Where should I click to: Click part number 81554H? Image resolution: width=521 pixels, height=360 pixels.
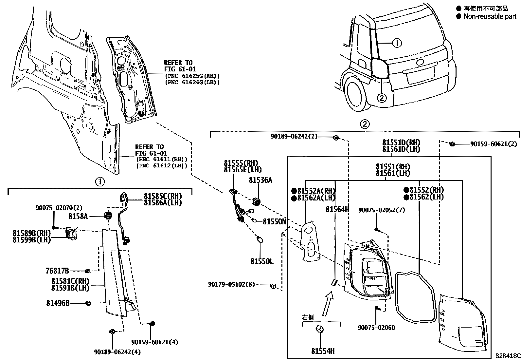point(323,351)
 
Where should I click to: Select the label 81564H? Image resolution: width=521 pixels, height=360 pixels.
point(337,209)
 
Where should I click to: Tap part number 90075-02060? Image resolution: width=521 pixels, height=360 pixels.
point(376,328)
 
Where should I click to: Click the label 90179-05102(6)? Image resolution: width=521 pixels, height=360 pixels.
point(231,285)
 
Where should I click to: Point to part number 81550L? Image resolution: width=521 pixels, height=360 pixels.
point(262,261)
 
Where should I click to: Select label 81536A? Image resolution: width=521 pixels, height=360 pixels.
point(260,180)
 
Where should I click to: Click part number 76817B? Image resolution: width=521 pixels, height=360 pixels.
point(57,271)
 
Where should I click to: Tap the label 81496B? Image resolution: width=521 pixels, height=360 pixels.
point(58,303)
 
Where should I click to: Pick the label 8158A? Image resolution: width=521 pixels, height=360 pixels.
point(78,216)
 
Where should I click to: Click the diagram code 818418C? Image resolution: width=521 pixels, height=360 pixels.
point(507,356)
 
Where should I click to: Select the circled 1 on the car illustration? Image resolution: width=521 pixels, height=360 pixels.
point(397,43)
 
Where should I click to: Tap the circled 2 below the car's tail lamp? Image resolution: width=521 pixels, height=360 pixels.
point(382,97)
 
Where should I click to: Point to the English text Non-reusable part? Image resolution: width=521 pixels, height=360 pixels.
point(490,16)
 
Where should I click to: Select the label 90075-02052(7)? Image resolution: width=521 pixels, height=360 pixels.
point(381,210)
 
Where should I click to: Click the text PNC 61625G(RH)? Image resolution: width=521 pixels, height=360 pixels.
point(192,76)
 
